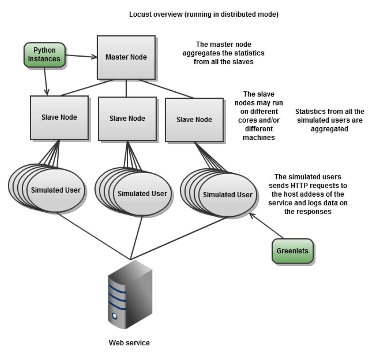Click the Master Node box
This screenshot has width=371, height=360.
126,57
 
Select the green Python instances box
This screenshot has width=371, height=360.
45,55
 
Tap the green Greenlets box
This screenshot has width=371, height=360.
292,251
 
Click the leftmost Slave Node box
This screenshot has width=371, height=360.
59,117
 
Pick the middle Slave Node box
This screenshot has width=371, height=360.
127,119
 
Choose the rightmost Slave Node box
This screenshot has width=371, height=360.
194,120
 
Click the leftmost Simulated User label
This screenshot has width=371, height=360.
56,190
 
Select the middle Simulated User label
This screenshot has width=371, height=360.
142,194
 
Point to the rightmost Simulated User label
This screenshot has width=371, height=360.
228,195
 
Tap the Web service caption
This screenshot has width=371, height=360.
129,343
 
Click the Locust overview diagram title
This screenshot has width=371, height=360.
204,14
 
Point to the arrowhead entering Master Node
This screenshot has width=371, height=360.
95,57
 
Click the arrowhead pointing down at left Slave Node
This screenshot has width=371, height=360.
46,92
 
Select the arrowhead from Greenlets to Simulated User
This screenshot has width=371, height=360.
252,214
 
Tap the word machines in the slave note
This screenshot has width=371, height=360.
259,137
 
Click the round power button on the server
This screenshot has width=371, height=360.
114,316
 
